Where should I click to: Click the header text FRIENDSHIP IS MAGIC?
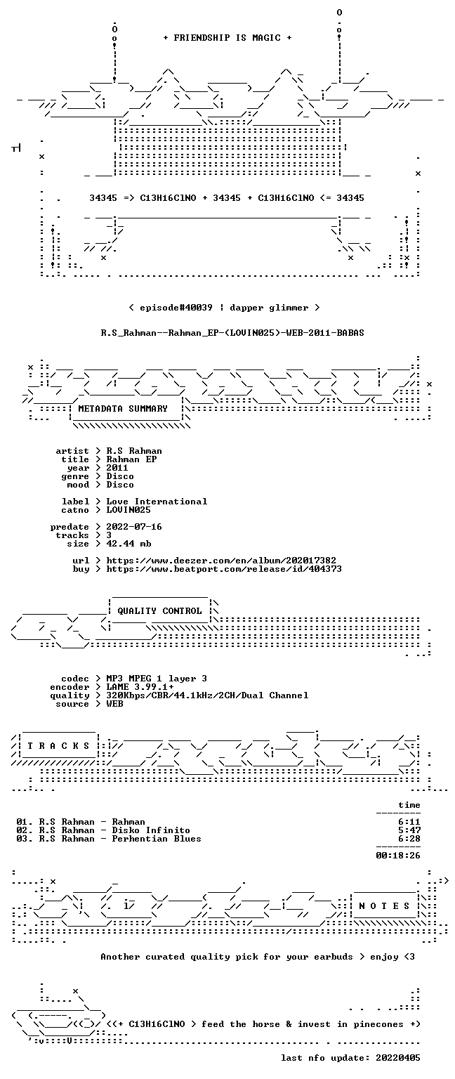pyautogui.click(x=227, y=37)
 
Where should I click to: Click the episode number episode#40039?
pyautogui.click(x=176, y=308)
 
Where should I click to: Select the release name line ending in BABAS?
pyautogui.click(x=232, y=333)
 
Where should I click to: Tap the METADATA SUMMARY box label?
pyautogui.click(x=123, y=409)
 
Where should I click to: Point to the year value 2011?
pyautogui.click(x=117, y=468)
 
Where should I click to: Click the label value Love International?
pyautogui.click(x=157, y=502)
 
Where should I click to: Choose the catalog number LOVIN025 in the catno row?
pyautogui.click(x=128, y=509)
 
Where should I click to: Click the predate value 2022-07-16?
pyautogui.click(x=134, y=526)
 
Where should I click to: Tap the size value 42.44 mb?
pyautogui.click(x=128, y=543)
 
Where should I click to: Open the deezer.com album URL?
pyautogui.click(x=221, y=560)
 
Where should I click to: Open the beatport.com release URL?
pyautogui.click(x=224, y=569)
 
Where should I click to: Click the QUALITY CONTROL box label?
pyautogui.click(x=159, y=611)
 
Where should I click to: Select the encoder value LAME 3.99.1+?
pyautogui.click(x=140, y=687)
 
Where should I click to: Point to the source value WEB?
pyautogui.click(x=114, y=704)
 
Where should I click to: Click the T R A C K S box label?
pyautogui.click(x=58, y=746)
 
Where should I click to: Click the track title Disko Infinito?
pyautogui.click(x=151, y=830)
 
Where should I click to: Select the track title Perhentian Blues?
pyautogui.click(x=157, y=839)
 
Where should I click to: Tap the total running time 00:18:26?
pyautogui.click(x=397, y=856)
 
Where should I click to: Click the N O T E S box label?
pyautogui.click(x=384, y=906)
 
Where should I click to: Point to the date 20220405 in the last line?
pyautogui.click(x=397, y=1058)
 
